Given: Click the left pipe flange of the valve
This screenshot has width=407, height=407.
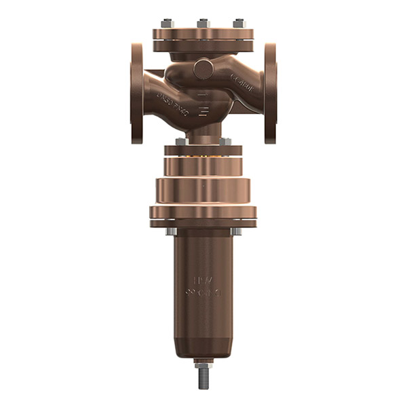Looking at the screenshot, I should [137, 93].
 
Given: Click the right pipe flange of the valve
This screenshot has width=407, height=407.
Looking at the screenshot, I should [270, 93].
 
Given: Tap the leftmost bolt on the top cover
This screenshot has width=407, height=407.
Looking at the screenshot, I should [168, 24].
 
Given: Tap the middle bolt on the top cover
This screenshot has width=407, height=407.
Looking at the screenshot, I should [203, 24].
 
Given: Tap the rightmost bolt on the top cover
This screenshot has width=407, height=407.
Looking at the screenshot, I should [239, 24].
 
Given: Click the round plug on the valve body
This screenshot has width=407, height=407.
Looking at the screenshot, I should [203, 69].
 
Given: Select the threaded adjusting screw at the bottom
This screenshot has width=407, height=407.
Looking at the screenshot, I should [203, 380].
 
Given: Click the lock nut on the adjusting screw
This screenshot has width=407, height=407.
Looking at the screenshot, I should [203, 363].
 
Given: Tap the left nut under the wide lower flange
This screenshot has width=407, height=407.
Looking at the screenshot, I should [171, 231].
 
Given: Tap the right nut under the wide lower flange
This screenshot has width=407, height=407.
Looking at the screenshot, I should [235, 231].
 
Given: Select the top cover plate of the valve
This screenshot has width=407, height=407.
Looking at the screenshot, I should [203, 35].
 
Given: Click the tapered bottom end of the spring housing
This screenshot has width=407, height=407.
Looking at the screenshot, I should [203, 347].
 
